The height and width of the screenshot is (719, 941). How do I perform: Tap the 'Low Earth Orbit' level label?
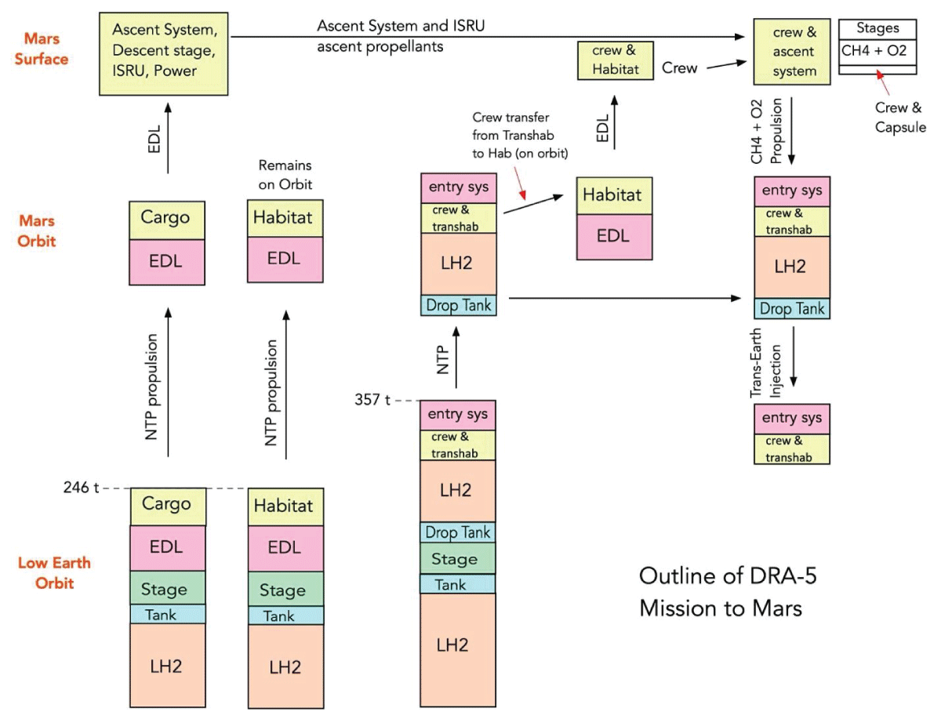coord(55,573)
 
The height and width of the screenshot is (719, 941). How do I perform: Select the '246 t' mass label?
coord(81,488)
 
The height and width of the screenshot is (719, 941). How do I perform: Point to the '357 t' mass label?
coord(372,400)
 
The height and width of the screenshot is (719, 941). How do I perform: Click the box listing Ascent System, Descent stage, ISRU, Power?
coord(163,54)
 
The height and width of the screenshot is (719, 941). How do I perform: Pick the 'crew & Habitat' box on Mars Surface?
coord(615,60)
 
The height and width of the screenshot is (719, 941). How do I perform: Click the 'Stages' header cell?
coord(877,28)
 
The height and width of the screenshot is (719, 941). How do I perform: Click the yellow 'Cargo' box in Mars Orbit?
coord(166,219)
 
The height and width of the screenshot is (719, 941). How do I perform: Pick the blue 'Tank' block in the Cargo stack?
coord(166,614)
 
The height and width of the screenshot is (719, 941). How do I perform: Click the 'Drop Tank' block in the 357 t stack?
coord(458,532)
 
